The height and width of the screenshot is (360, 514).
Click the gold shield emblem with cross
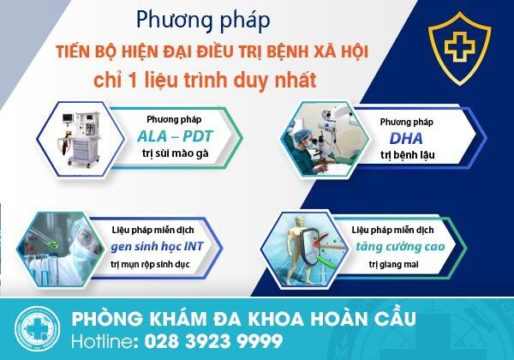tap(459, 48)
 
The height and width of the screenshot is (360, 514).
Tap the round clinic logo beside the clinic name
tap(38, 329)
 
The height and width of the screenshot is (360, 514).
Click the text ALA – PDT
tap(175, 136)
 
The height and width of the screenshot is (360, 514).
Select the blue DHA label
tap(406, 139)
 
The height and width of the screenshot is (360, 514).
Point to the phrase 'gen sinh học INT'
tap(157, 246)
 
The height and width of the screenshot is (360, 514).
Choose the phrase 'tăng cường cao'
tap(400, 246)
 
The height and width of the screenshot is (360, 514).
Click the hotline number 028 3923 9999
tap(213, 341)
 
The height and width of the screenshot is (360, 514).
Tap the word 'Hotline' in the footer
tap(102, 341)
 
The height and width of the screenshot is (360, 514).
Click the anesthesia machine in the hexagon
tap(80, 139)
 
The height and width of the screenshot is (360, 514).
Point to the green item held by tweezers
tap(52, 244)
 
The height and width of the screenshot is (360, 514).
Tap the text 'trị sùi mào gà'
tap(175, 153)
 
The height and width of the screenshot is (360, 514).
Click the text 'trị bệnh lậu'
tap(408, 155)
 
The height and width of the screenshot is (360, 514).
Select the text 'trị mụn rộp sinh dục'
tap(150, 264)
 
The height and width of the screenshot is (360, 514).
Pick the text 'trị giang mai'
tap(393, 264)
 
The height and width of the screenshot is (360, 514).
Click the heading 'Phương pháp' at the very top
tap(203, 21)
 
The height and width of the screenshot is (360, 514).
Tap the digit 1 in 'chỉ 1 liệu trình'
tap(133, 81)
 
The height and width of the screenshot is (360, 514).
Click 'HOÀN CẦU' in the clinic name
tap(363, 318)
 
